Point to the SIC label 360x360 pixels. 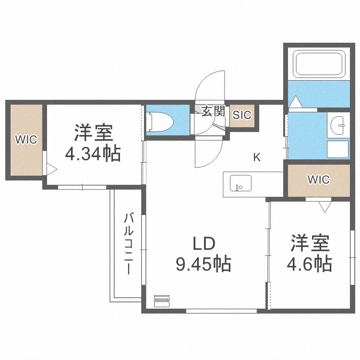(242, 115)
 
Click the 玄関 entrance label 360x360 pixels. (213, 112)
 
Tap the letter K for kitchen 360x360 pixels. (257, 157)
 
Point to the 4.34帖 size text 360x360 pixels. (93, 154)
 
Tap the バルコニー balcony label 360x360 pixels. (129, 243)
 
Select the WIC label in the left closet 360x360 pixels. (26, 140)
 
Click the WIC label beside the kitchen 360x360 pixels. (318, 180)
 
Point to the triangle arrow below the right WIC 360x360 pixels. (325, 206)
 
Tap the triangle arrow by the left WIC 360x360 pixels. (51, 169)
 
